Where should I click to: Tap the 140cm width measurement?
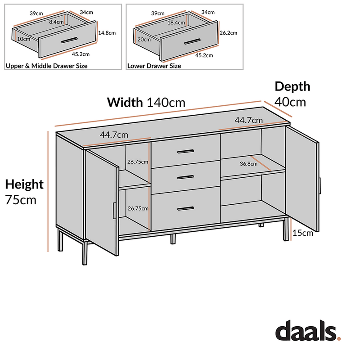click(x=166, y=102)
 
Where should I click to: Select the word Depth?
click(x=292, y=86)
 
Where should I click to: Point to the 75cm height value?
click(x=21, y=199)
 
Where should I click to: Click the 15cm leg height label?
click(x=302, y=233)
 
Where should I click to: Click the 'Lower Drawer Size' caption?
click(x=154, y=66)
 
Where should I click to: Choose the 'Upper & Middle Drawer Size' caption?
click(x=46, y=66)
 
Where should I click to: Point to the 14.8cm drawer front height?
click(x=107, y=32)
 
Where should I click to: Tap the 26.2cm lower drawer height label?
click(x=229, y=32)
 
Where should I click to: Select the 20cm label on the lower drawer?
click(x=144, y=39)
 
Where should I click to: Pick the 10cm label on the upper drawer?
click(x=23, y=39)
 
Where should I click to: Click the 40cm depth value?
click(x=290, y=102)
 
